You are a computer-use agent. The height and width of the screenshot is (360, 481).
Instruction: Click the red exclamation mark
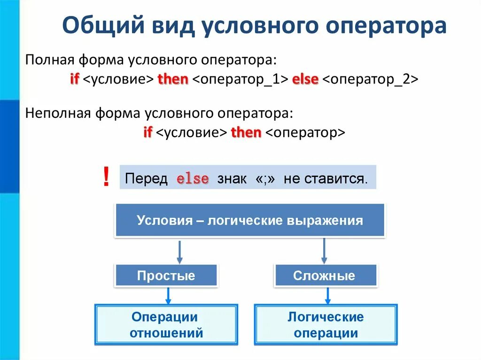point(106,178)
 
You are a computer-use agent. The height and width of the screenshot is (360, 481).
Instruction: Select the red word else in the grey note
point(192,179)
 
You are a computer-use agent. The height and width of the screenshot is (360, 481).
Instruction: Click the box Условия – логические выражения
point(250,220)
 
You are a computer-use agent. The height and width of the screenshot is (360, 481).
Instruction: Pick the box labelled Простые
point(166,276)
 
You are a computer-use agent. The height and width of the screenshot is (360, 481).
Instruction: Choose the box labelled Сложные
point(324,276)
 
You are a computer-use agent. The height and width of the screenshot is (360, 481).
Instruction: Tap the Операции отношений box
point(166,325)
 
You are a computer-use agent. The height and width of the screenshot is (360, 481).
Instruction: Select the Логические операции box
point(325,325)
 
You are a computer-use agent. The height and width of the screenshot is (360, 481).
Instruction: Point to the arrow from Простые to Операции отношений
point(168,296)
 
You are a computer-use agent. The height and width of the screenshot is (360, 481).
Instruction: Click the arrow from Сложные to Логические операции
point(328,296)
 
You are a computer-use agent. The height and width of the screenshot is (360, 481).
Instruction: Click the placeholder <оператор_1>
point(240,79)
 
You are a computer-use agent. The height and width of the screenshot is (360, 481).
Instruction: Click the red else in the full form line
point(305,79)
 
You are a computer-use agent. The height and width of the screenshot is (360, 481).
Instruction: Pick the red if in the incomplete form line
point(147,132)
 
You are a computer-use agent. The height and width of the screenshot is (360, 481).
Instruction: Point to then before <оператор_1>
point(173,79)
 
